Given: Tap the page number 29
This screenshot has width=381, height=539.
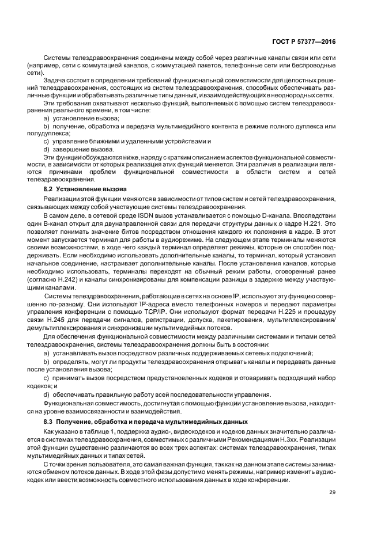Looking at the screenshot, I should pyautogui.click(x=332, y=492).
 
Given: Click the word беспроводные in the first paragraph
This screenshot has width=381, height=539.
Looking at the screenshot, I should pyautogui.click(x=311, y=66).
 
